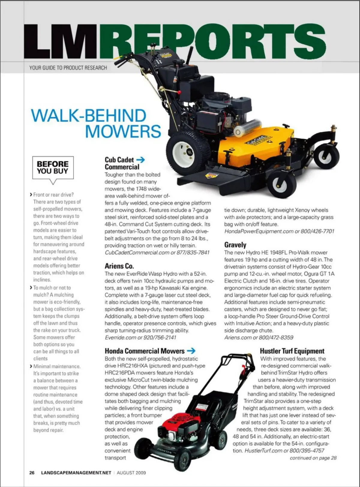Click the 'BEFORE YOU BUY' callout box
53,167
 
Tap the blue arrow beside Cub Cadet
140,160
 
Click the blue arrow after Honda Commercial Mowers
191,350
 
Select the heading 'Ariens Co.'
119,266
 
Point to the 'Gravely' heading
235,245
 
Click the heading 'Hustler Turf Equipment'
292,351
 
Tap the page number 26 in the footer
32,473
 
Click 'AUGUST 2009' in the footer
131,473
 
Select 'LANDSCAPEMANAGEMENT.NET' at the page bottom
76,473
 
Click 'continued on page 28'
313,458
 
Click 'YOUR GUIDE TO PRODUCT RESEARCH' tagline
68,68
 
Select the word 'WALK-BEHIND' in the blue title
88,116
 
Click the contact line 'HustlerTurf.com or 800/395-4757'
284,451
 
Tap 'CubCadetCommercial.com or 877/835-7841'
157,252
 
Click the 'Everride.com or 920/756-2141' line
140,338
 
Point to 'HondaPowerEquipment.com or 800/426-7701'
279,231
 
